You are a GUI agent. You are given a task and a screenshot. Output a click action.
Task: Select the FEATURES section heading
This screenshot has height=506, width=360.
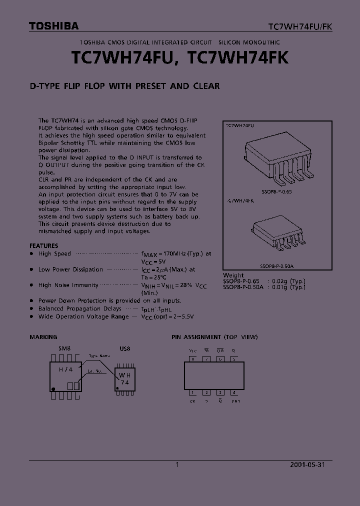[44, 245]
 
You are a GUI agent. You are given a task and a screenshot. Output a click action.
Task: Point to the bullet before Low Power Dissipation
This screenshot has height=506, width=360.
[31, 269]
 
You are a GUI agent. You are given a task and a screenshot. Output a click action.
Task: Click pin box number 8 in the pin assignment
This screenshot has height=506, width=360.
[192, 358]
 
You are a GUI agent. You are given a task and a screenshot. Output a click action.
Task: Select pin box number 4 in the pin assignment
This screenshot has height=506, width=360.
[234, 392]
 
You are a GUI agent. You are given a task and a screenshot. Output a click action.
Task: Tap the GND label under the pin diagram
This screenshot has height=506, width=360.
[235, 401]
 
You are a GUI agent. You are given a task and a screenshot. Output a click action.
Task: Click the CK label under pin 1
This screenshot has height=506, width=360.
[192, 401]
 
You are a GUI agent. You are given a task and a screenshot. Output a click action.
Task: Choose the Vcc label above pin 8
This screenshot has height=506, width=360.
[193, 351]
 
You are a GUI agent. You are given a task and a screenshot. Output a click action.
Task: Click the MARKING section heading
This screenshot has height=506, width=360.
[43, 337]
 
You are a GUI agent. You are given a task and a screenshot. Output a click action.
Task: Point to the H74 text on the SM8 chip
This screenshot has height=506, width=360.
[65, 369]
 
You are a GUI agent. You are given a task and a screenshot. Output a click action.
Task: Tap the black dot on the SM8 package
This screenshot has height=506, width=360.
[52, 388]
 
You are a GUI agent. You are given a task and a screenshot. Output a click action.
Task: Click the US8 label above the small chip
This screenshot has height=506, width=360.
[124, 348]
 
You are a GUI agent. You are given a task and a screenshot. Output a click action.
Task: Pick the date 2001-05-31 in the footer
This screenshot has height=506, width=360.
[307, 464]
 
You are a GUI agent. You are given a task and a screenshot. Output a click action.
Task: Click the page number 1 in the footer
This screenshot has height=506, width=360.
[177, 464]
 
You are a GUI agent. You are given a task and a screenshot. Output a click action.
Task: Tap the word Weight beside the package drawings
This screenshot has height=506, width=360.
[233, 275]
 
